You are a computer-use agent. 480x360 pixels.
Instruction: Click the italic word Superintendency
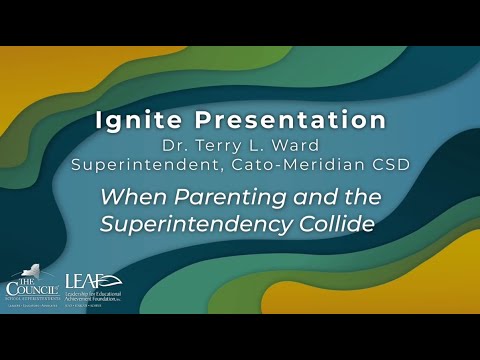200,224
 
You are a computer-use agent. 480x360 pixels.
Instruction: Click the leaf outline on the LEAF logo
113,280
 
